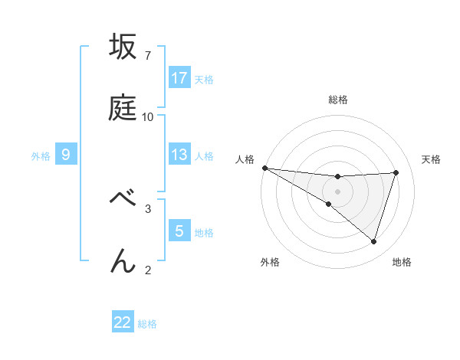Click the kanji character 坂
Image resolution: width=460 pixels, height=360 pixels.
click(x=123, y=47)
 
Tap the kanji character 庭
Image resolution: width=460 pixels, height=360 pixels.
click(x=123, y=108)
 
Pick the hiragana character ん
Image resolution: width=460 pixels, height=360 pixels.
click(x=123, y=260)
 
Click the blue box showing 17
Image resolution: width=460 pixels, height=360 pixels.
click(x=179, y=78)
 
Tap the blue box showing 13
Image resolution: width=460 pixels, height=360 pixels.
click(x=179, y=155)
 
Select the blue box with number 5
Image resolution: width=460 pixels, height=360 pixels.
click(x=179, y=231)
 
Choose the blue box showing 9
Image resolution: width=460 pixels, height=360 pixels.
click(x=66, y=155)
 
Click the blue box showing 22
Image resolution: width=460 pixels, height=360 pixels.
click(x=123, y=322)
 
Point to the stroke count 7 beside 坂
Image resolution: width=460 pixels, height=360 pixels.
click(x=147, y=56)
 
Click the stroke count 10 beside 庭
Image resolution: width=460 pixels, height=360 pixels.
click(x=148, y=117)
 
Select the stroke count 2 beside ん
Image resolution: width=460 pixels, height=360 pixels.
click(x=147, y=270)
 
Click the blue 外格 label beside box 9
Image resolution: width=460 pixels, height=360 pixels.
click(x=41, y=155)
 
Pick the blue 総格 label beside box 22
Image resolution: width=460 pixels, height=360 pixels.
click(x=147, y=324)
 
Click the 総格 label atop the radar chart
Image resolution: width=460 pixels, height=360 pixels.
click(x=338, y=100)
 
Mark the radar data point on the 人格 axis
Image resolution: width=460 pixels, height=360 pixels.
click(x=264, y=168)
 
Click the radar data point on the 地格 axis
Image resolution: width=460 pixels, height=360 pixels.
click(x=374, y=241)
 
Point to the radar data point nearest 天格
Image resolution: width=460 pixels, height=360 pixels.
click(x=396, y=172)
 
